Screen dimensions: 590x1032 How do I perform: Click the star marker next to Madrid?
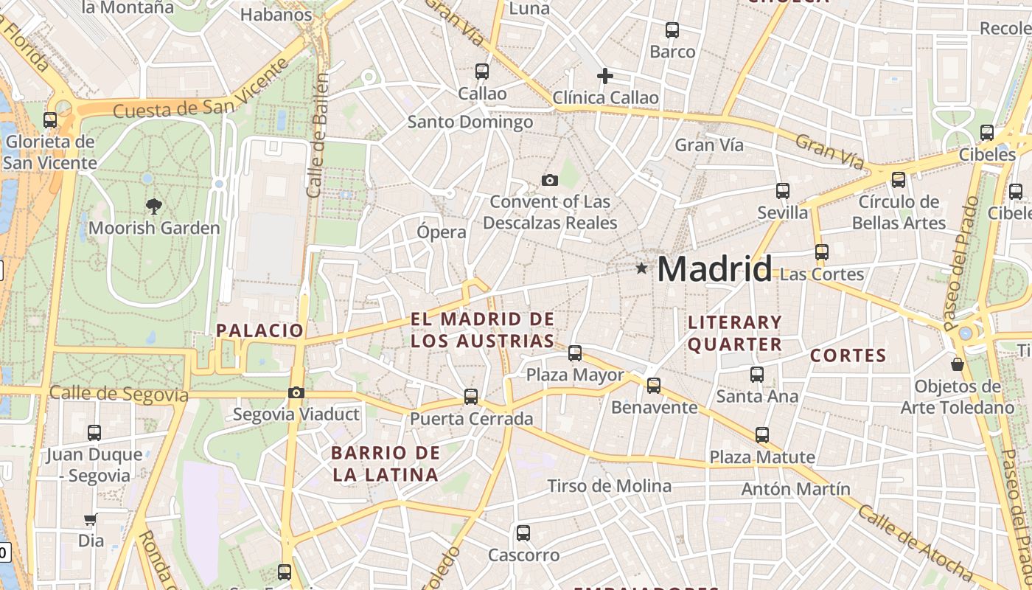[x=642, y=268]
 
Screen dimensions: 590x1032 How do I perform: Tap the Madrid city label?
[x=714, y=269]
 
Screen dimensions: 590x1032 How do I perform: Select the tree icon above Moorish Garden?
[x=153, y=206]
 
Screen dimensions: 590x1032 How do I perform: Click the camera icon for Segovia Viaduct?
[x=296, y=392]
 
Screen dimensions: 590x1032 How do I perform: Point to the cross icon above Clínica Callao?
[x=604, y=76]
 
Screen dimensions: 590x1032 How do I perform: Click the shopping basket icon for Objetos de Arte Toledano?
[x=957, y=364]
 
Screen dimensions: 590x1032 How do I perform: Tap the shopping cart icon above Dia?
[x=90, y=519]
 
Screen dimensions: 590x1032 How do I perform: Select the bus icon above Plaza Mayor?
[x=575, y=353]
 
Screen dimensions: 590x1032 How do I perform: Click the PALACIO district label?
[x=259, y=330]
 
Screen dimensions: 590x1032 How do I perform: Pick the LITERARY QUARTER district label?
[x=734, y=333]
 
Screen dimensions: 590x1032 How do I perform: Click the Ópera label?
[x=442, y=232]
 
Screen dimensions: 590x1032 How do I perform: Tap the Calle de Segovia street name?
[x=119, y=394]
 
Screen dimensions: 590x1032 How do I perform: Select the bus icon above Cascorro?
[x=523, y=532]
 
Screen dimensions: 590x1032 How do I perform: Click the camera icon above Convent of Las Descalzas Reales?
[x=549, y=180]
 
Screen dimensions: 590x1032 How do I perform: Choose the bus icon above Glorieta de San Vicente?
[x=50, y=119]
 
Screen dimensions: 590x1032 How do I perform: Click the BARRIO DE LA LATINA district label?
[x=385, y=464]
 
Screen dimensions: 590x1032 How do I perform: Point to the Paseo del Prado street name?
[x=959, y=263]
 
